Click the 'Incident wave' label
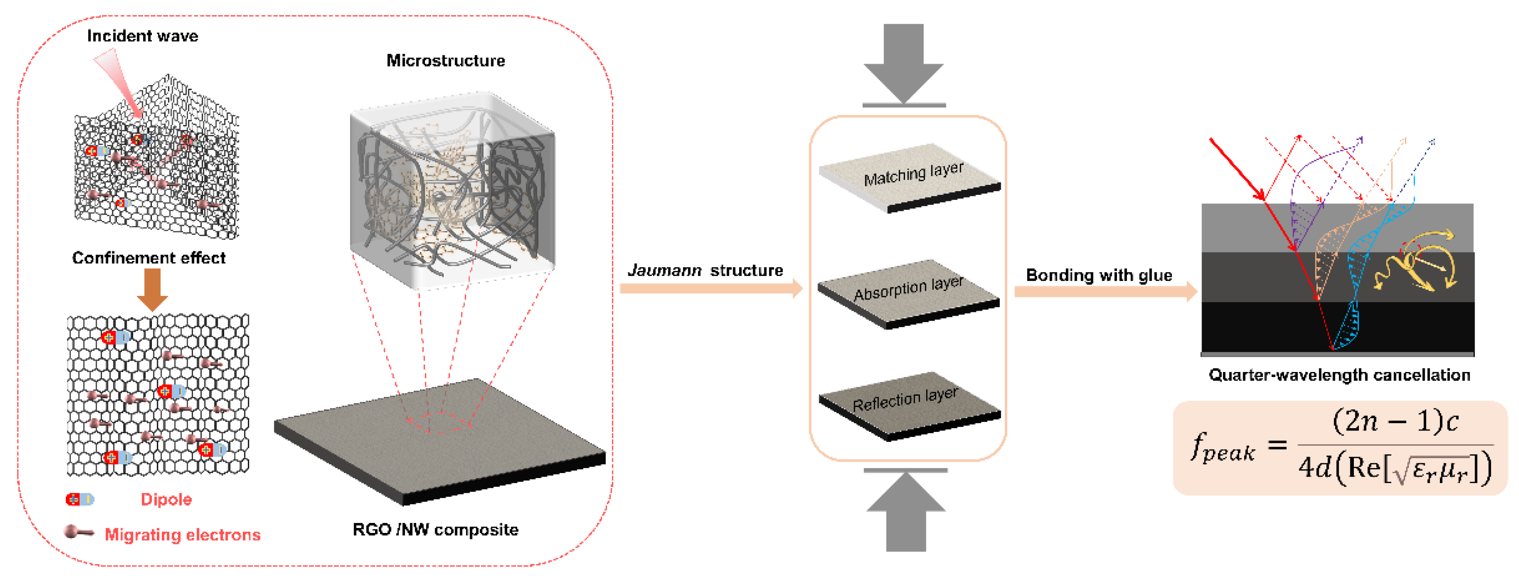pyautogui.click(x=142, y=36)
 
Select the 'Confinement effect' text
pyautogui.click(x=149, y=258)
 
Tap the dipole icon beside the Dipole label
pyautogui.click(x=80, y=500)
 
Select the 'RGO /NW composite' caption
pyautogui.click(x=435, y=530)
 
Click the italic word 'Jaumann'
pyautogui.click(x=664, y=271)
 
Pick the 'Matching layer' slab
pyautogui.click(x=911, y=177)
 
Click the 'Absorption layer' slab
pyautogui.click(x=908, y=292)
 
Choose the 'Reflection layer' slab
pyautogui.click(x=908, y=404)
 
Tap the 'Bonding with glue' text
pyautogui.click(x=1099, y=275)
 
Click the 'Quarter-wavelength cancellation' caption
pyautogui.click(x=1339, y=375)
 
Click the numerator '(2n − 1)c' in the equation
pyautogui.click(x=1395, y=421)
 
